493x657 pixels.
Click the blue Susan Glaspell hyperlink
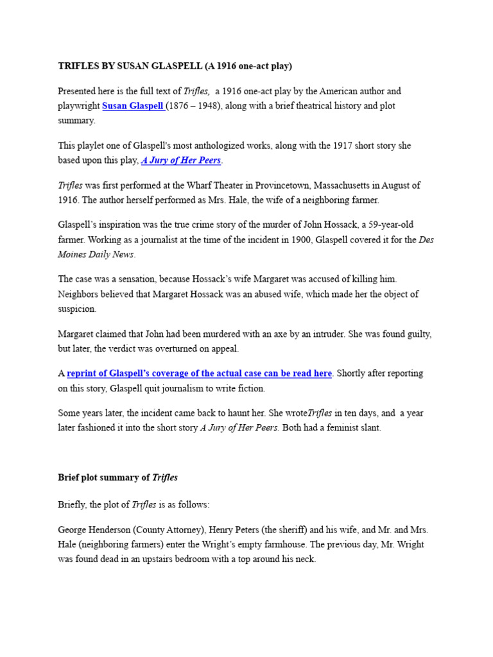[133, 106]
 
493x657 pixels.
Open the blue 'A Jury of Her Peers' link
[182, 160]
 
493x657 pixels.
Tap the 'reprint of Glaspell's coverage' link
[199, 373]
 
